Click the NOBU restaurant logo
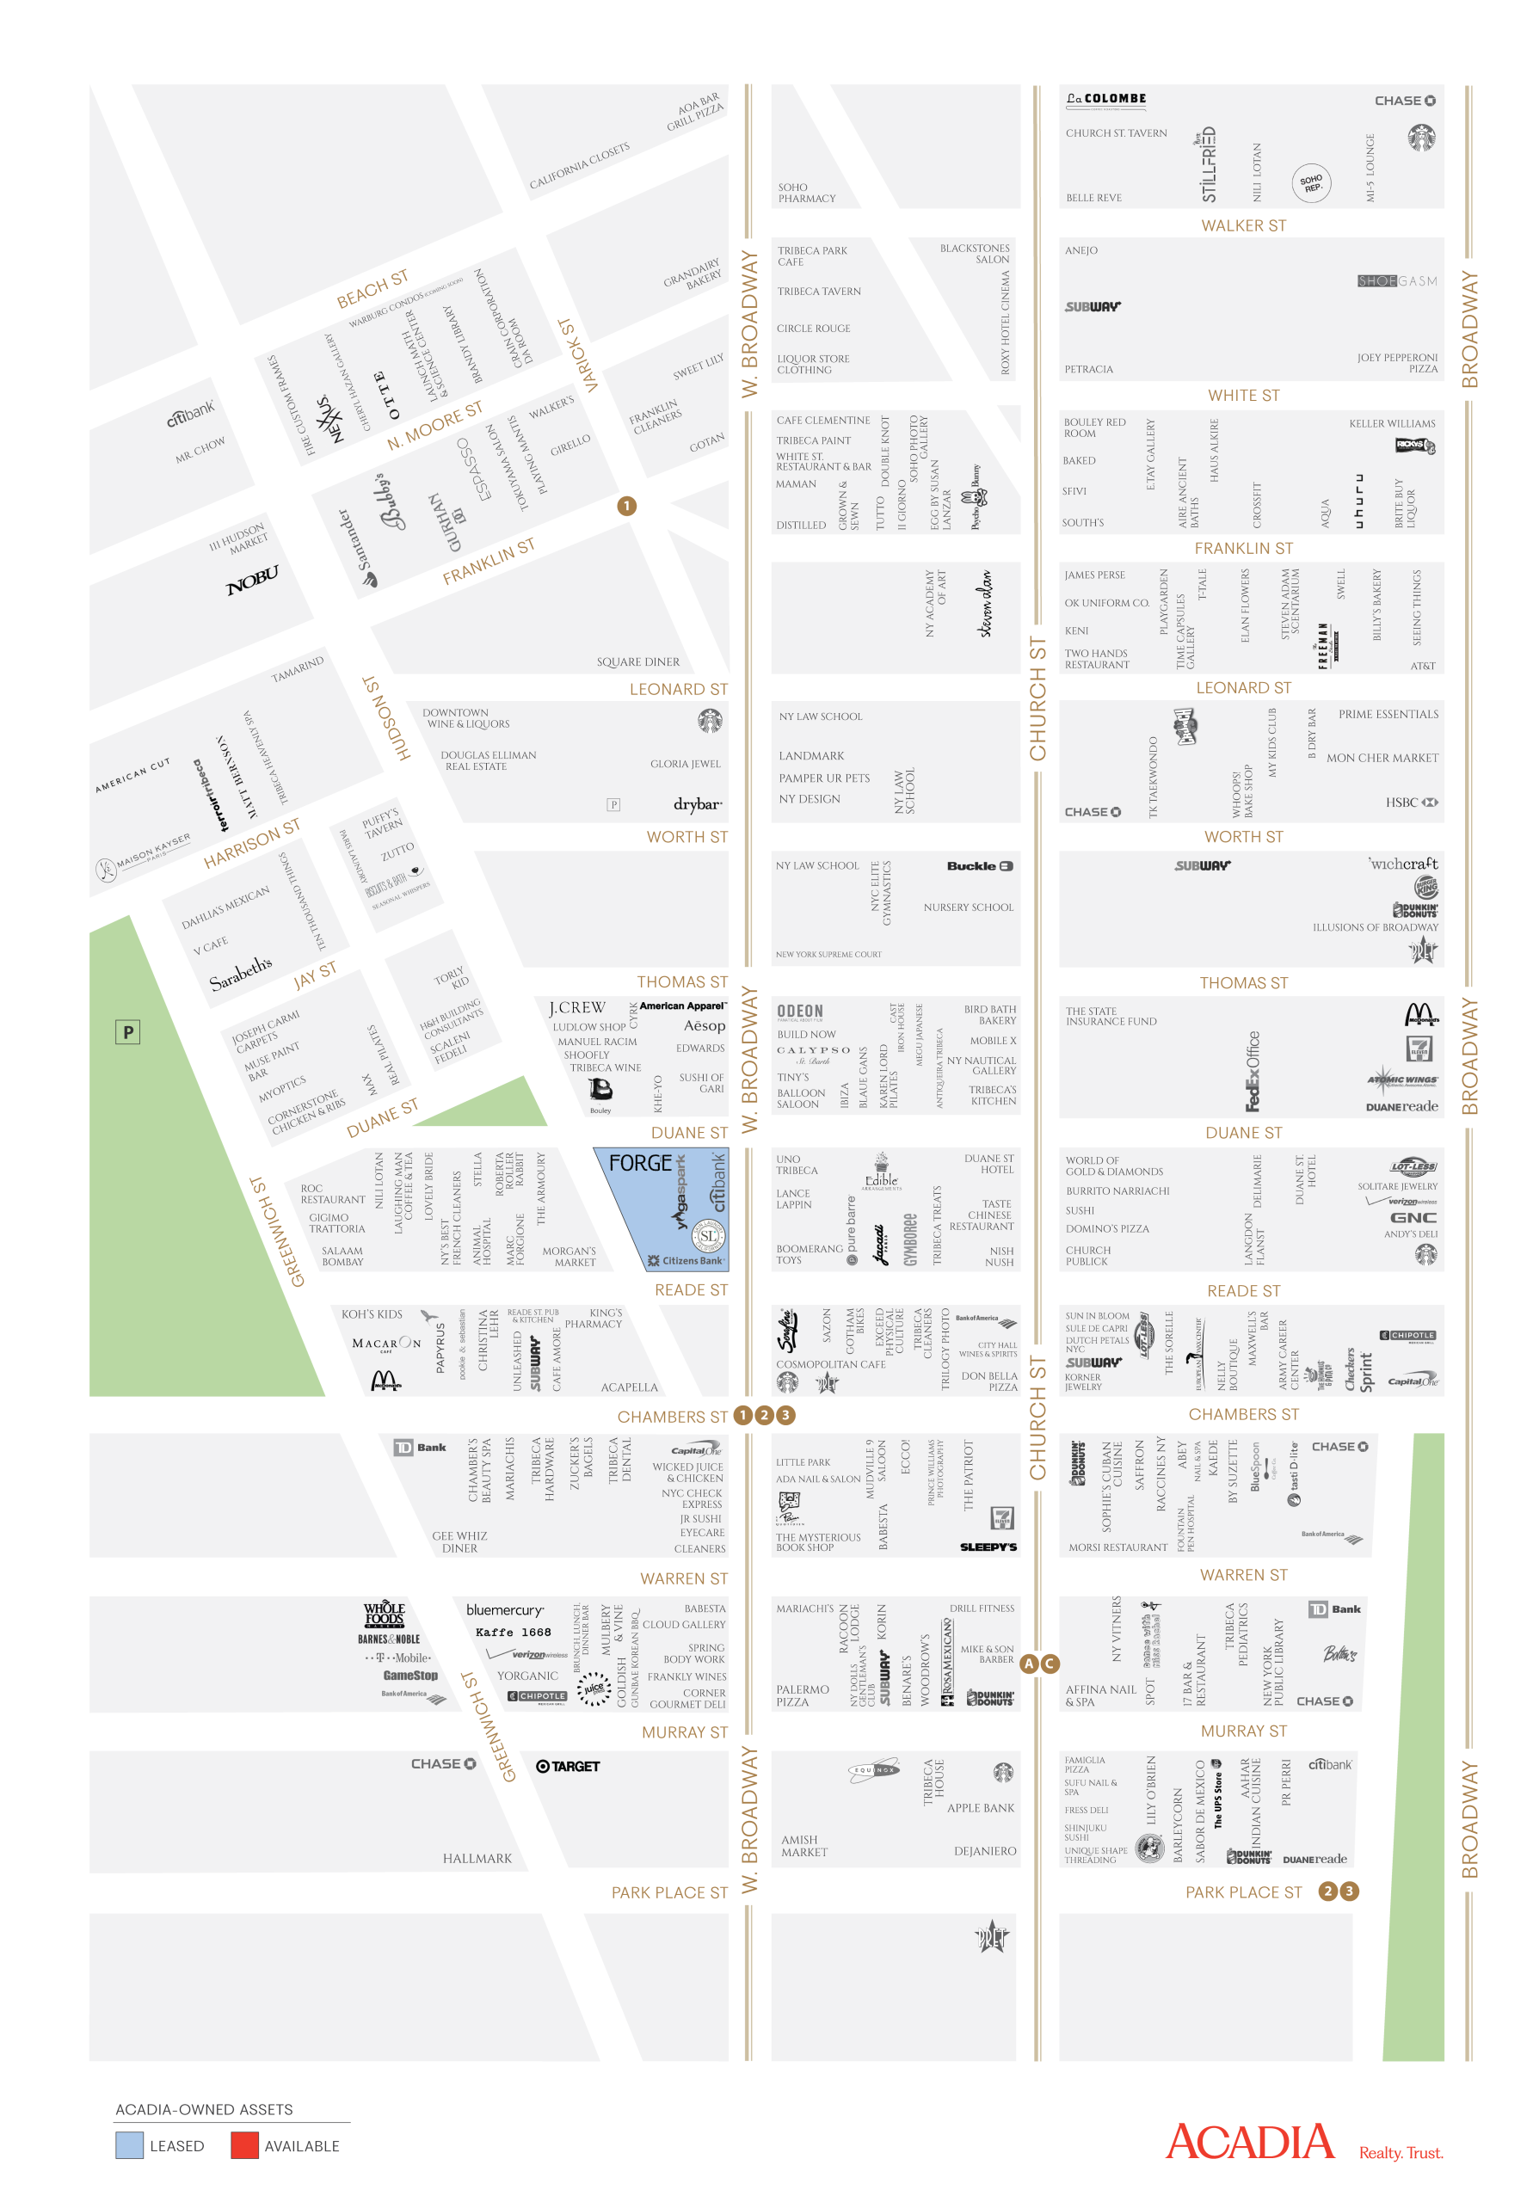pyautogui.click(x=251, y=578)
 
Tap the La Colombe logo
pyautogui.click(x=1105, y=99)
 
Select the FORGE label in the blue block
pyautogui.click(x=640, y=1162)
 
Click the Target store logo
pyautogui.click(x=567, y=1766)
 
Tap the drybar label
pyautogui.click(x=697, y=803)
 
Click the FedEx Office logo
pyautogui.click(x=1251, y=1070)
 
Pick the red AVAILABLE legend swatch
pyautogui.click(x=244, y=2145)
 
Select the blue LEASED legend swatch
pyautogui.click(x=130, y=2145)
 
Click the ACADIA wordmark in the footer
pyautogui.click(x=1249, y=2141)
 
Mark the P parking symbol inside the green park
pyautogui.click(x=127, y=1032)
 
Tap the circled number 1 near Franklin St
pyautogui.click(x=626, y=506)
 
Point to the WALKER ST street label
pyautogui.click(x=1242, y=225)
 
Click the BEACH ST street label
pyautogui.click(x=372, y=289)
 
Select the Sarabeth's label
pyautogui.click(x=240, y=973)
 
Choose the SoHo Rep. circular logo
pyautogui.click(x=1310, y=181)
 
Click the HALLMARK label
pyautogui.click(x=477, y=1858)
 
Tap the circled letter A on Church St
pyautogui.click(x=1028, y=1663)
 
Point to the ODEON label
pyautogui.click(x=799, y=1011)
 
